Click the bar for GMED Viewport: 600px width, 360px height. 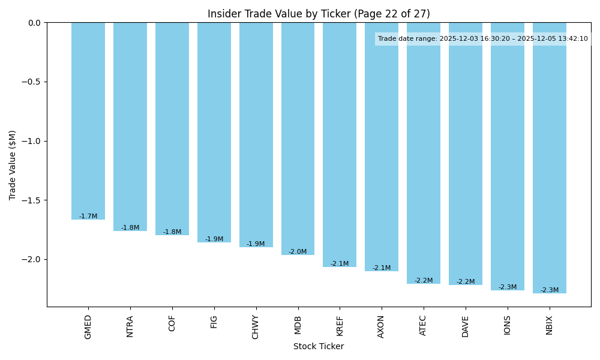tap(88, 120)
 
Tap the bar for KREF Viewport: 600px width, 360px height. tap(340, 144)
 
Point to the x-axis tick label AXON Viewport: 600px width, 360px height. tap(382, 326)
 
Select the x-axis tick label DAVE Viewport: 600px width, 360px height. tap(466, 326)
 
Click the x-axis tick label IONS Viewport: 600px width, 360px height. tap(508, 325)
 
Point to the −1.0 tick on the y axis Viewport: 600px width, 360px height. tap(33, 141)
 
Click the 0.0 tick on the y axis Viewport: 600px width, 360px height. tap(35, 23)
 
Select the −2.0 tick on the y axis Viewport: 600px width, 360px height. tap(33, 259)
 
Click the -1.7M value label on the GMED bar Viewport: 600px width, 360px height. tap(88, 217)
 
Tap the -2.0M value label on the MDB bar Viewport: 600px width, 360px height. tap(298, 252)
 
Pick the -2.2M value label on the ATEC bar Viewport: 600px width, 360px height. tap(424, 281)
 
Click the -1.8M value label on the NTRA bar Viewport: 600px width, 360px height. tap(130, 228)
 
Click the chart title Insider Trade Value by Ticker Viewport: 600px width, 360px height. tap(319, 14)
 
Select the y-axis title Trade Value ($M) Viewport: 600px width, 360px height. tap(13, 164)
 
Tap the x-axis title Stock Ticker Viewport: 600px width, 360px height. tap(319, 346)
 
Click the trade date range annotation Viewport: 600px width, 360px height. tap(483, 39)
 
